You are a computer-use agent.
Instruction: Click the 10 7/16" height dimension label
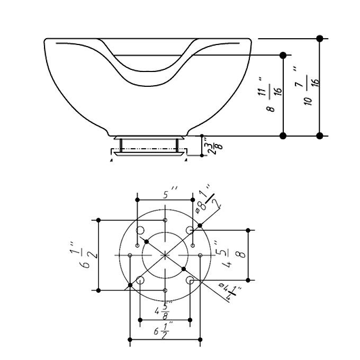[308, 86]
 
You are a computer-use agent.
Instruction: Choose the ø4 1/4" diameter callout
[230, 292]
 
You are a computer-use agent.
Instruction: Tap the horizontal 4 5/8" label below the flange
[163, 311]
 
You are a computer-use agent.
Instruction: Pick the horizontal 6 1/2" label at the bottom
[163, 331]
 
